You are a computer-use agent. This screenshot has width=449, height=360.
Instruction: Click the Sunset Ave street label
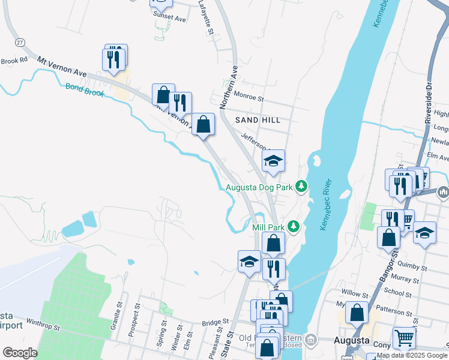170,19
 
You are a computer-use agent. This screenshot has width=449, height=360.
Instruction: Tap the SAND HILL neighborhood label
258,120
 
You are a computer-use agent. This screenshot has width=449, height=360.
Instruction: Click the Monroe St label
249,97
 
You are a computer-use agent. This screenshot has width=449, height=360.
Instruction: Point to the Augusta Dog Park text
259,187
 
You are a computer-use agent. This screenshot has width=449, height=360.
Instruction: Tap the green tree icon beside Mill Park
293,226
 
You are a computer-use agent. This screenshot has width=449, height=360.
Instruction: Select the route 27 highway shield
20,42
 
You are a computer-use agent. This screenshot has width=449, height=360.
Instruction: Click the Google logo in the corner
20,353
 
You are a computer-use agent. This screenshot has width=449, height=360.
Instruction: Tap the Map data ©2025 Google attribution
412,355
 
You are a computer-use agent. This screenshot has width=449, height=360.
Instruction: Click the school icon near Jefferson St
273,161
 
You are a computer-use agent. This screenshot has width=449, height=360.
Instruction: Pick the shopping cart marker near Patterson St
404,338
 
